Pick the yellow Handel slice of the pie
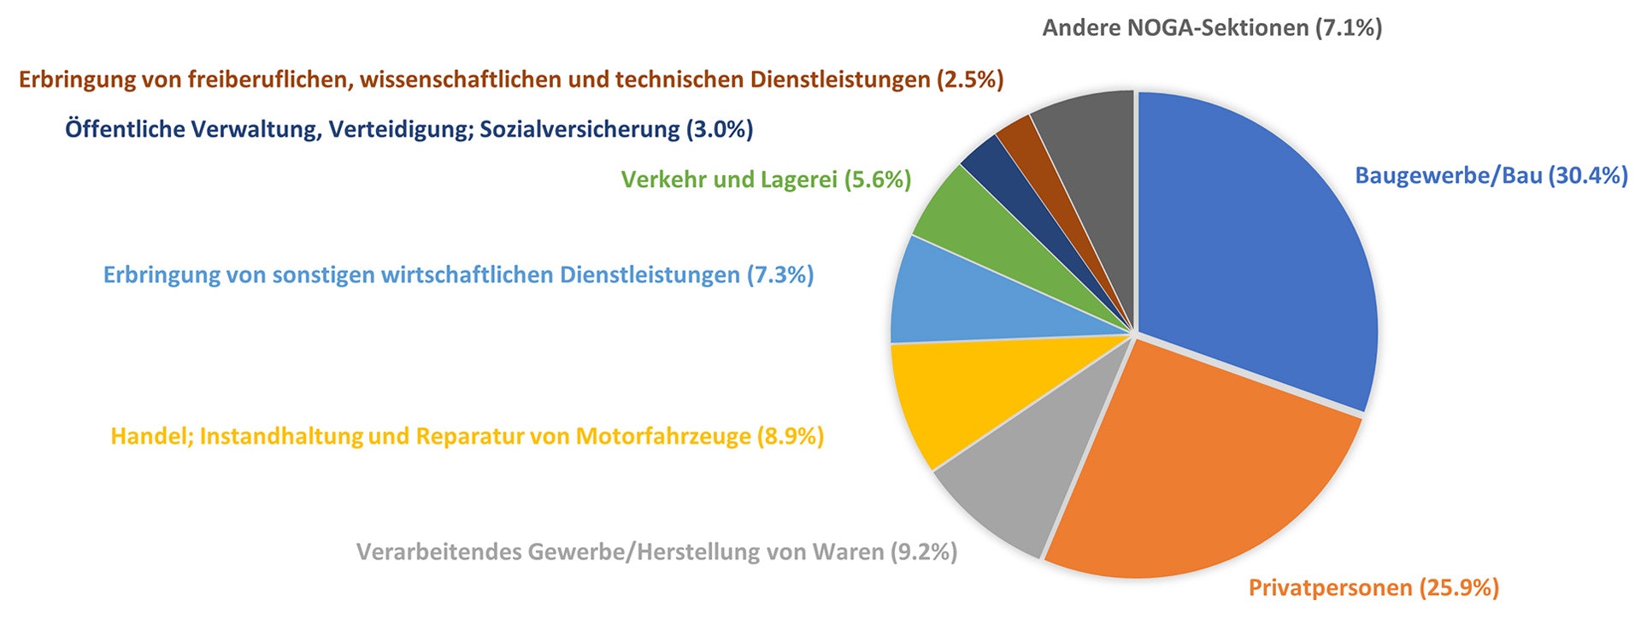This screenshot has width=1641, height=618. pyautogui.click(x=957, y=393)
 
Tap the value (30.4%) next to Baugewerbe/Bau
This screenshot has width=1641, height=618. pyautogui.click(x=1588, y=176)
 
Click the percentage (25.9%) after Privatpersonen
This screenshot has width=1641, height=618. pyautogui.click(x=1459, y=588)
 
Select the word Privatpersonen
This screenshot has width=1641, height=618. pyautogui.click(x=1330, y=588)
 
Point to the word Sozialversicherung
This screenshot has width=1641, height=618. pyautogui.click(x=579, y=130)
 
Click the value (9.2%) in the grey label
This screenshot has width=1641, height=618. pyautogui.click(x=924, y=552)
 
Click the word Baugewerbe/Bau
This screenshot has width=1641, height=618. pyautogui.click(x=1449, y=176)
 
